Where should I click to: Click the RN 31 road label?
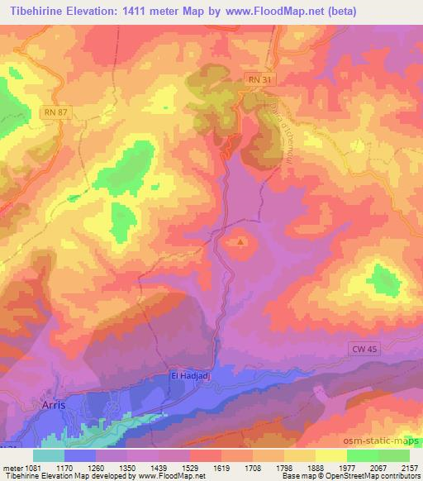259,79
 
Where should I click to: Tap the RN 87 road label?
56,110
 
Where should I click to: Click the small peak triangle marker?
240,242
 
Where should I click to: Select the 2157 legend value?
410,466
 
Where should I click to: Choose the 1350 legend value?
128,466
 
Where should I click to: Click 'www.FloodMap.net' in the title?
266,9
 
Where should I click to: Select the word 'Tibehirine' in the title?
36,9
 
